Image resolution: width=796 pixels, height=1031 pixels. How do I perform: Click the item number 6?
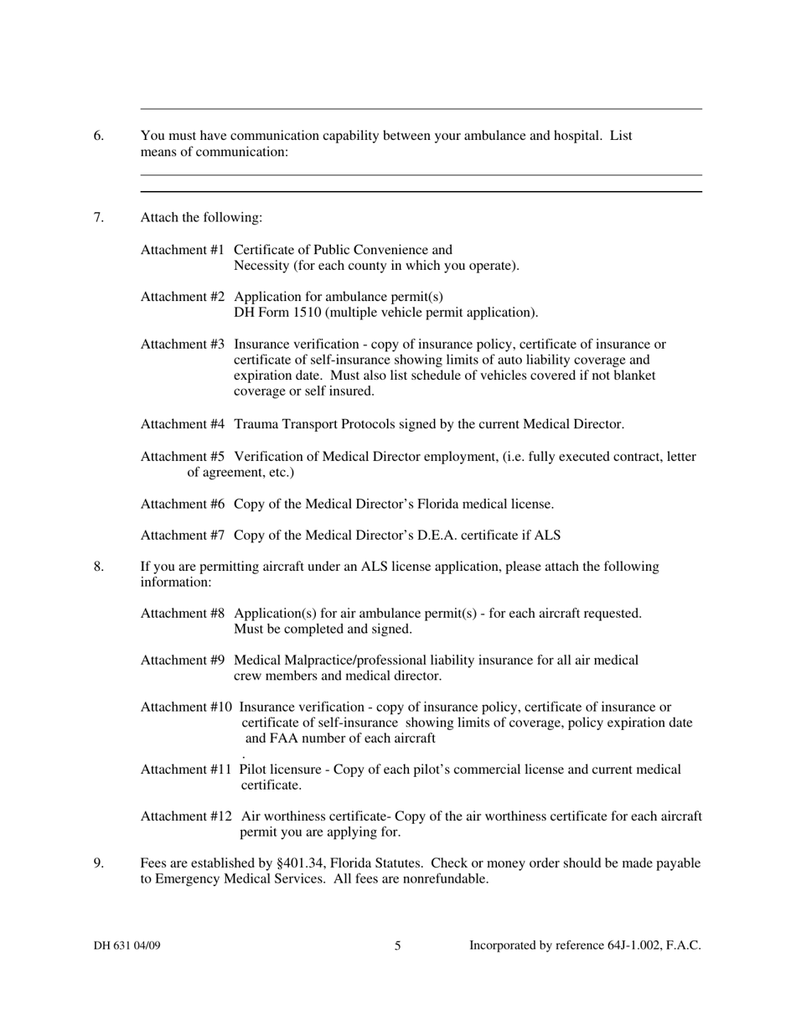pos(99,136)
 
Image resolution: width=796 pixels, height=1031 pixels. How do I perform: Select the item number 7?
pos(99,218)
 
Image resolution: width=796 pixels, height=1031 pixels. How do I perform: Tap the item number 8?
pos(99,567)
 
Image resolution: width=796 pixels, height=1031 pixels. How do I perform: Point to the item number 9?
pos(99,863)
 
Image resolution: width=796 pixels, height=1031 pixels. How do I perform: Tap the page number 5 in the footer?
pos(398,946)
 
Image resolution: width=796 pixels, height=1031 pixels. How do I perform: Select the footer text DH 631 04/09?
pos(127,946)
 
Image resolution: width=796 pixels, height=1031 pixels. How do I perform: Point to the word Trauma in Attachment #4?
pos(257,424)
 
